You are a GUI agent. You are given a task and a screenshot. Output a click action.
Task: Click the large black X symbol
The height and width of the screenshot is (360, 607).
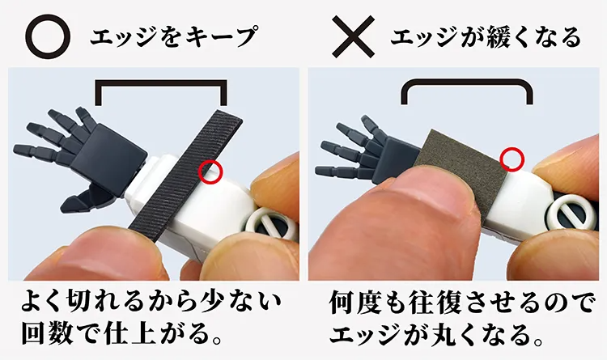point(353,37)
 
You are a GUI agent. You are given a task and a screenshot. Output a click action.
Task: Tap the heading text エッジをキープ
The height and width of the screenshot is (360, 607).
point(174,36)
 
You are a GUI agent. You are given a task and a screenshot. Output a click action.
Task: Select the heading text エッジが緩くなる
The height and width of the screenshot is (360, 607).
point(486,36)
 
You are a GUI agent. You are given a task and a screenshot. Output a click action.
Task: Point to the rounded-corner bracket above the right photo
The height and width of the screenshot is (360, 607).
point(466,83)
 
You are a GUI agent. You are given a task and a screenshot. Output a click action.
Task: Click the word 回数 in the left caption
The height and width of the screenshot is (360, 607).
point(47,334)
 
